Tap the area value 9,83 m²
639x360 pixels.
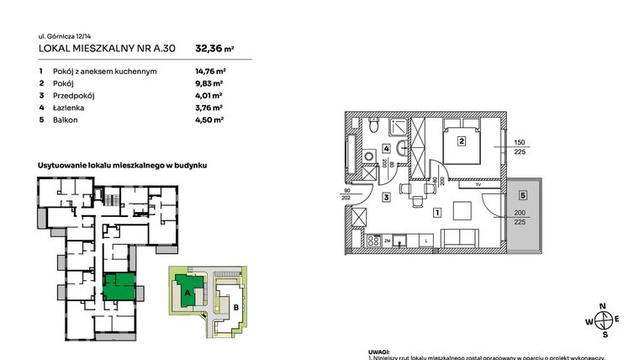coord(209,83)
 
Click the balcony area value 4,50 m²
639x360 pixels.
coord(209,119)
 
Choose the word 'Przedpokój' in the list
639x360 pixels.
coord(71,96)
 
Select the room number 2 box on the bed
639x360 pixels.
coord(461,141)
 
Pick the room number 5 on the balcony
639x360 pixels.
coord(522,195)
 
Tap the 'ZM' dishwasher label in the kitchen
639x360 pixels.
coord(388,241)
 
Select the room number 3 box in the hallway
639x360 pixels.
coord(385,198)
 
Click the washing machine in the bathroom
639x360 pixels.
coord(367,156)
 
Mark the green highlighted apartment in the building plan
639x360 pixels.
coord(118,286)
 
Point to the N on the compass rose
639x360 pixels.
coord(601,307)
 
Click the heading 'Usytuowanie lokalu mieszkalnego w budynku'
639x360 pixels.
coord(122,166)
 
